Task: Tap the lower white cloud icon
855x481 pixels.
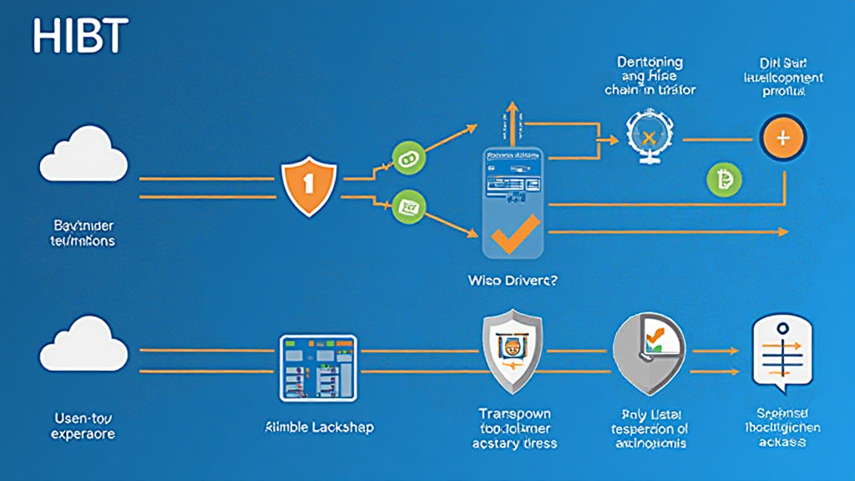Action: [83, 344]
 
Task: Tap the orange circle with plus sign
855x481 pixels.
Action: [782, 137]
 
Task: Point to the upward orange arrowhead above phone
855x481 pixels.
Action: [512, 109]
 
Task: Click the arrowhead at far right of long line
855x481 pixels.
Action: [782, 232]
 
